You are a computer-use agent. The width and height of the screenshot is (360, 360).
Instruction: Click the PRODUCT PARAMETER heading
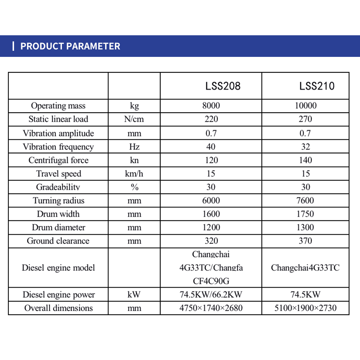(70, 46)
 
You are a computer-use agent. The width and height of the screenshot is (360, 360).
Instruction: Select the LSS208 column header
(223, 86)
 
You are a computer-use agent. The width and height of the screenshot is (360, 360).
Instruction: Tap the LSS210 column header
(317, 86)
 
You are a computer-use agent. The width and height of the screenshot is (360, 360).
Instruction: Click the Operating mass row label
(58, 106)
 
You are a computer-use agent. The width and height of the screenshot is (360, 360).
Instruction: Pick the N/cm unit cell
(134, 119)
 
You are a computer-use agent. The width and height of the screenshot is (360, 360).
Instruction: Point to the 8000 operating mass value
(211, 106)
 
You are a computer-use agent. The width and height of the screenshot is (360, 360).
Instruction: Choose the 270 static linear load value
(305, 119)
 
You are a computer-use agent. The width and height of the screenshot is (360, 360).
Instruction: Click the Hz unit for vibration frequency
(134, 147)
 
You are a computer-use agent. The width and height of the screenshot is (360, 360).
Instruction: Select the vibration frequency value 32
(305, 147)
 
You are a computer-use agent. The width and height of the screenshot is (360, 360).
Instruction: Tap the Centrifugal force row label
(58, 160)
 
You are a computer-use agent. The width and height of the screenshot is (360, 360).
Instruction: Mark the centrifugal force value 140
(305, 160)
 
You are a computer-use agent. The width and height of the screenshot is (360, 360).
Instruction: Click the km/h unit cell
(134, 174)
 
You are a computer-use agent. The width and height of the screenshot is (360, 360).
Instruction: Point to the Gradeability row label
(58, 187)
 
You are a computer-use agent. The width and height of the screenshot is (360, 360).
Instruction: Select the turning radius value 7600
(305, 201)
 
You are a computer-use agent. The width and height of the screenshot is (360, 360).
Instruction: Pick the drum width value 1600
(211, 214)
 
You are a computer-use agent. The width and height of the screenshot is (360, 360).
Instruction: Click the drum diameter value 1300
(305, 228)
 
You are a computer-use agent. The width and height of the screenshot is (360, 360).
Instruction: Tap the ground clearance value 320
(211, 241)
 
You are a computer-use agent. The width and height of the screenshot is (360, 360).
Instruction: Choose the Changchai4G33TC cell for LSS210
(305, 268)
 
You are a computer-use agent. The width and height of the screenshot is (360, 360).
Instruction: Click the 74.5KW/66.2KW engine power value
(211, 295)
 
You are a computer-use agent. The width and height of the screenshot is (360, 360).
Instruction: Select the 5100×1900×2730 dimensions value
(305, 308)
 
